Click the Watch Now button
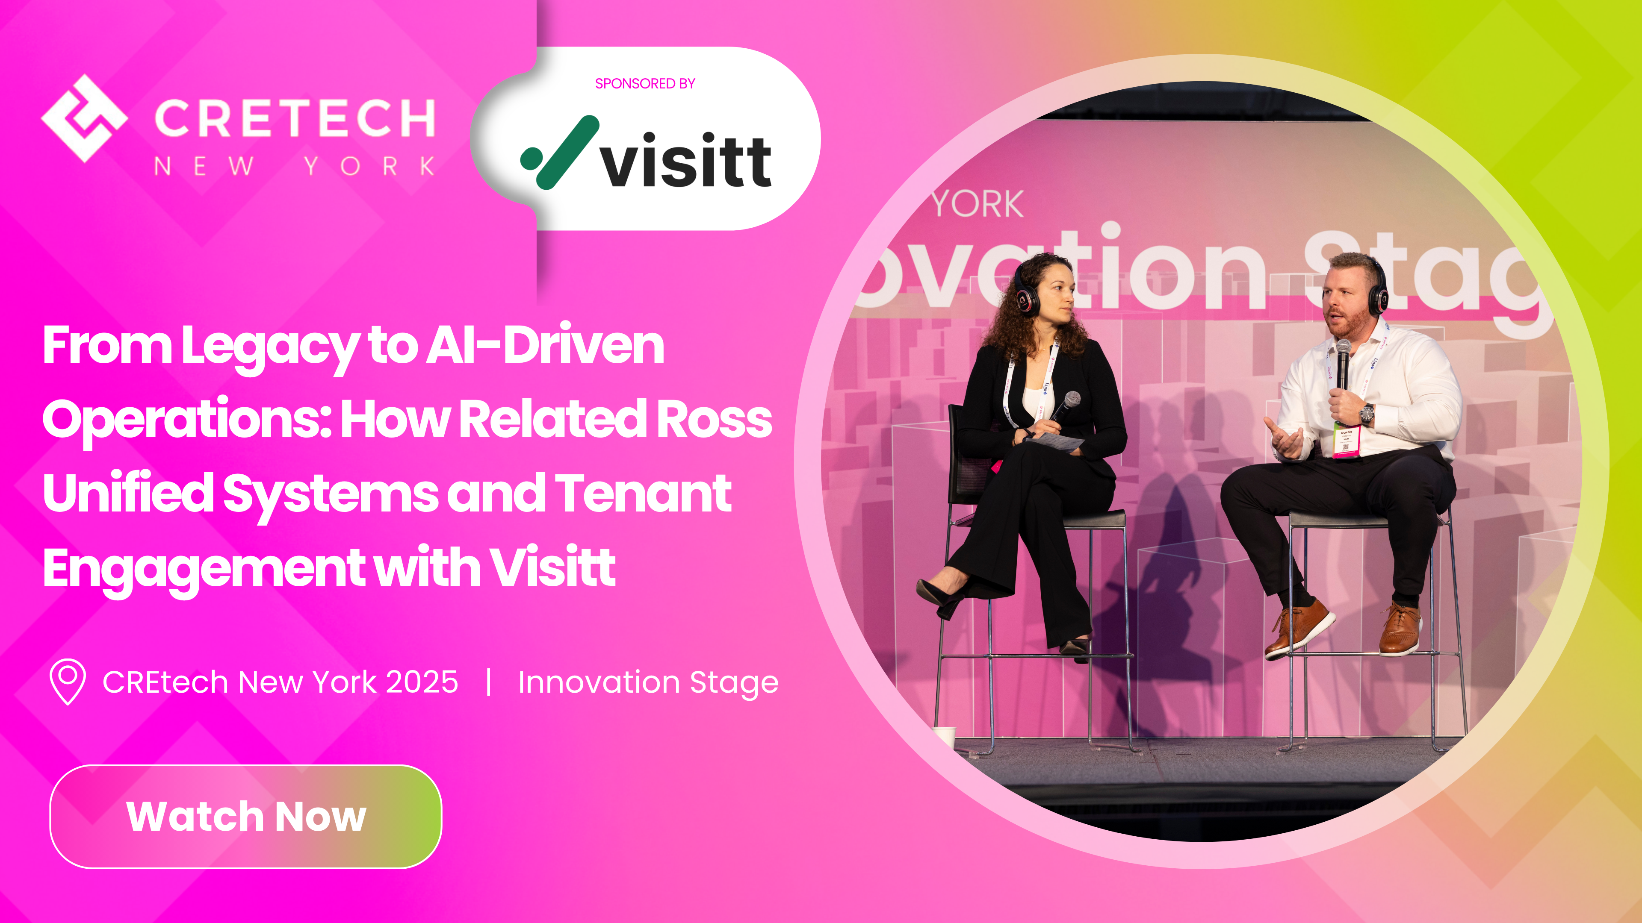(245, 816)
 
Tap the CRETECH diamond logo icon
(84, 118)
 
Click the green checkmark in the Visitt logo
(560, 153)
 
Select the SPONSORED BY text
(644, 83)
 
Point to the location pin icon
(68, 681)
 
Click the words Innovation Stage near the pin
(648, 682)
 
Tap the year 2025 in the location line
(422, 682)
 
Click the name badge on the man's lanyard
(1346, 441)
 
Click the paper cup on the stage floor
(944, 736)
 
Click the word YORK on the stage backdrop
(977, 205)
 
